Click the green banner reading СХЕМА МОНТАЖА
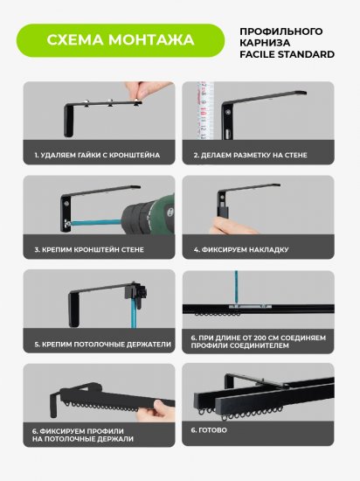121,40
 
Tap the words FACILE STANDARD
287,54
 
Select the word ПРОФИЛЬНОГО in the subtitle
281,31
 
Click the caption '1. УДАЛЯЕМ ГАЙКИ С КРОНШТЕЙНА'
97,155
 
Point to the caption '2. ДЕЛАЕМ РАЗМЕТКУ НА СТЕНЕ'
250,155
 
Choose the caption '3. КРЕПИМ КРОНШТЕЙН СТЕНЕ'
89,249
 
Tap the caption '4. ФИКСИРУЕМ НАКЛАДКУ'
241,249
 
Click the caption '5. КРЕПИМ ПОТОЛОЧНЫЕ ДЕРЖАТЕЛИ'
102,345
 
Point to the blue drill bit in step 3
96,222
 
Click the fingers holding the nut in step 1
146,89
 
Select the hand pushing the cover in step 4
230,227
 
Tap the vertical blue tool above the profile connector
236,288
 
